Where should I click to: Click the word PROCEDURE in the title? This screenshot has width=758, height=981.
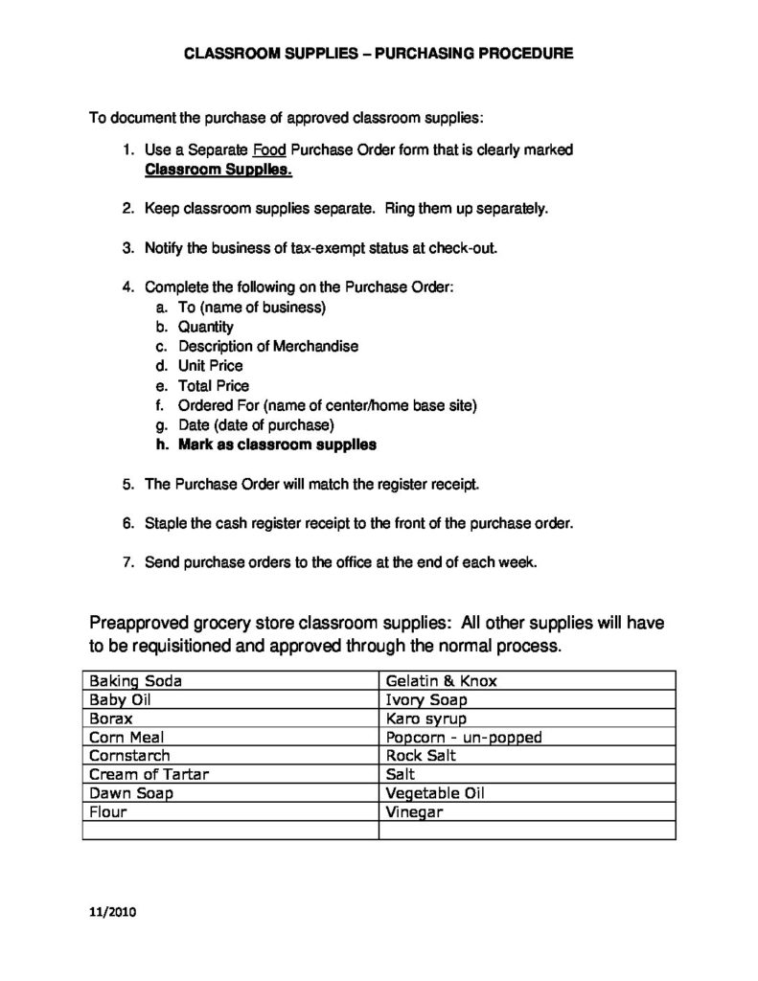point(520,55)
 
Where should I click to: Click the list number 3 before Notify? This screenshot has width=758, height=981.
point(127,248)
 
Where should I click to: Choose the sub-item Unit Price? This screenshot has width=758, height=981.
point(210,366)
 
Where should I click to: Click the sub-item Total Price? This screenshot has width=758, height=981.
point(213,386)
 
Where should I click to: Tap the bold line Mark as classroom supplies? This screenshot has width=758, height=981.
point(277,445)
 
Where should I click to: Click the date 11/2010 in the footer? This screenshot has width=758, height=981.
point(112,913)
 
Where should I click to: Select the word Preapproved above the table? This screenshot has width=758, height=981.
point(142,623)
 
